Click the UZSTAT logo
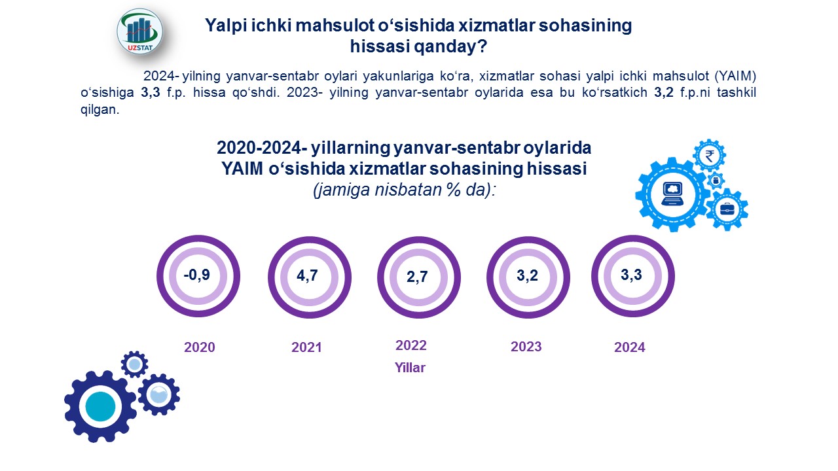tap(140, 32)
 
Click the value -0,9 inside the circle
tap(197, 275)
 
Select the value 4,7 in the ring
tap(307, 276)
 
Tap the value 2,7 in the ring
tap(417, 277)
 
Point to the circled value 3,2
tap(527, 276)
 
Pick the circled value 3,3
tap(632, 275)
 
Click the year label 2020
tap(200, 347)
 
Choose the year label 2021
tap(306, 347)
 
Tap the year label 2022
tap(410, 345)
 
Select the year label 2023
tap(526, 347)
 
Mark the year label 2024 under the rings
tap(630, 347)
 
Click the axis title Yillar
tap(410, 368)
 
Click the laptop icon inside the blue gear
tap(672, 194)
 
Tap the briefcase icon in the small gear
tap(727, 209)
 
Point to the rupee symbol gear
tap(709, 156)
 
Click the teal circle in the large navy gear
tap(100, 406)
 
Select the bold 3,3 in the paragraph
tap(151, 92)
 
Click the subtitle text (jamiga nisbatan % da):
tap(405, 190)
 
